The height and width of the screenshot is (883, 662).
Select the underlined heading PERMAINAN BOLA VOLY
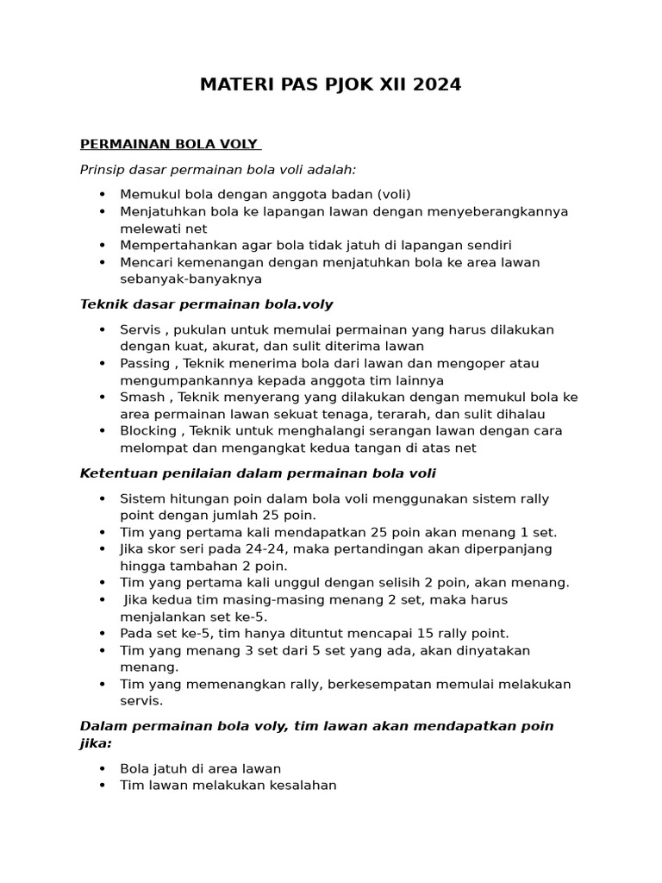170,143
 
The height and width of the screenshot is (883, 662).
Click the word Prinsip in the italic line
103,169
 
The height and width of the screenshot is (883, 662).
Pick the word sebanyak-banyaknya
190,279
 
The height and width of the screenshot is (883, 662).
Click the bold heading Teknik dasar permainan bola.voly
206,304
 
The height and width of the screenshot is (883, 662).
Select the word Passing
145,363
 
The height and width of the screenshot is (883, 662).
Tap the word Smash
141,397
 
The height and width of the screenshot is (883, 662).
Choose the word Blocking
148,430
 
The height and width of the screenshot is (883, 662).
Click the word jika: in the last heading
96,742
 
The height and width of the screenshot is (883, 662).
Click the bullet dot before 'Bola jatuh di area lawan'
103,768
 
